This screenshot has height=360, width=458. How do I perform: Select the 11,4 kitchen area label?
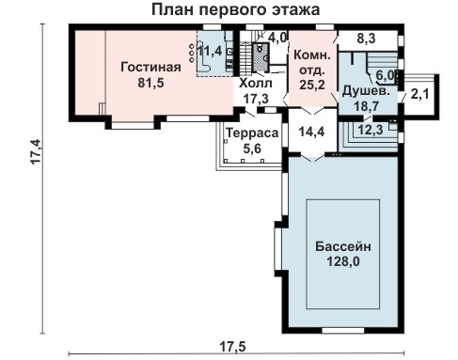213,50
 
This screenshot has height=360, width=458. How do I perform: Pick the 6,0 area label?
385,75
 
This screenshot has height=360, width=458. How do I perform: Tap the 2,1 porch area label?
419,93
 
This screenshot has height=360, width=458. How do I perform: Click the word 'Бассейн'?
344,246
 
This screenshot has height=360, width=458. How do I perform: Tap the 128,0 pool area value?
344,262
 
